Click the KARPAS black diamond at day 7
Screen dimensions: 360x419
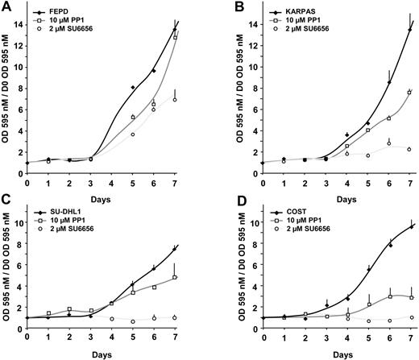[409, 30]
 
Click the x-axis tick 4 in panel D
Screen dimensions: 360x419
[348, 333]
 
